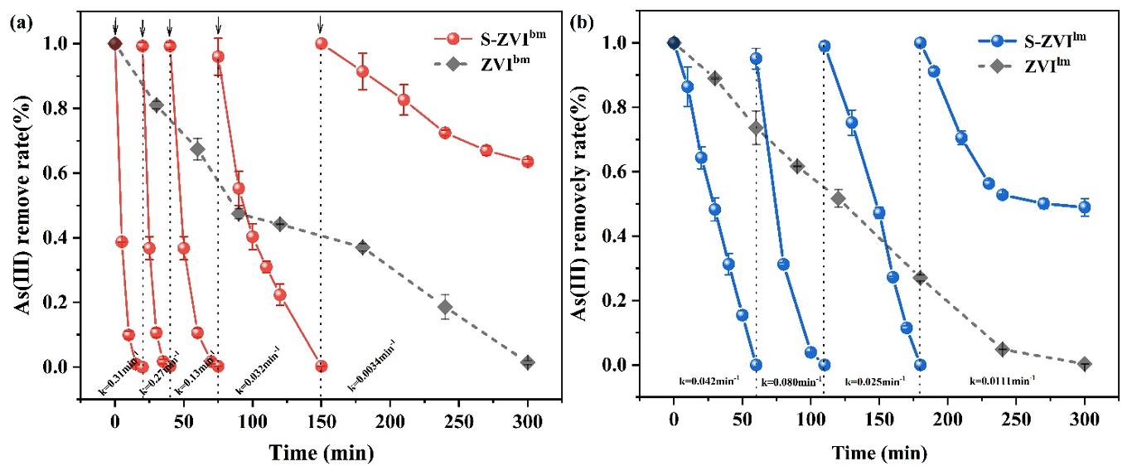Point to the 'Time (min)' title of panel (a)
[x=321, y=454]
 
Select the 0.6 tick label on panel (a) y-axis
[x=85, y=173]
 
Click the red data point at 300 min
[x=527, y=162]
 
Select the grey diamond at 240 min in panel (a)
[x=445, y=307]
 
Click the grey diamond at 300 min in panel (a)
[x=527, y=362]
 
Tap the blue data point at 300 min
[x=1085, y=207]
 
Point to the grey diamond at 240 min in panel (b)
[x=1003, y=349]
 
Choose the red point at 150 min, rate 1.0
[x=322, y=43]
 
